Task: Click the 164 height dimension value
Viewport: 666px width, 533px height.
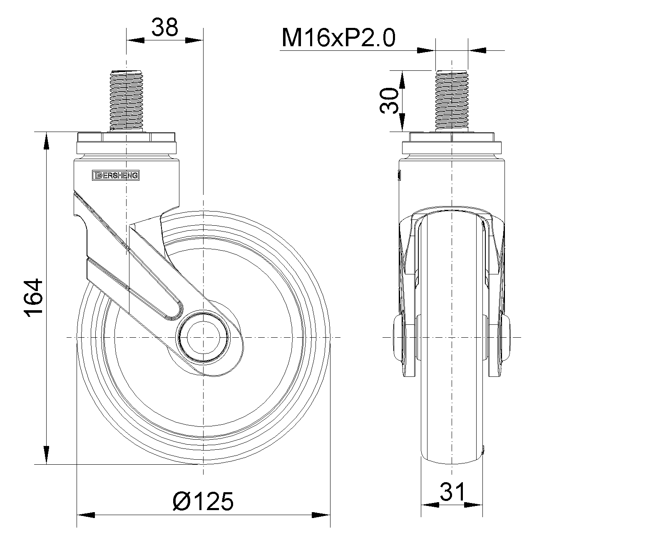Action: (x=33, y=298)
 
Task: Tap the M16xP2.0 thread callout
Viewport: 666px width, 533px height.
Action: (x=338, y=38)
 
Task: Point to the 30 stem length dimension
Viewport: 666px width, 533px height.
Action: (x=389, y=101)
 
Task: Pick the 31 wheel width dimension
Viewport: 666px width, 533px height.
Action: (x=452, y=492)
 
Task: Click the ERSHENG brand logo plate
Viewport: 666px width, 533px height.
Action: (x=116, y=175)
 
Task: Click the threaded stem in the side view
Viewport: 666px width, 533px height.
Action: (x=126, y=101)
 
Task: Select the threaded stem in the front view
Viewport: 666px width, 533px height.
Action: (x=452, y=101)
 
